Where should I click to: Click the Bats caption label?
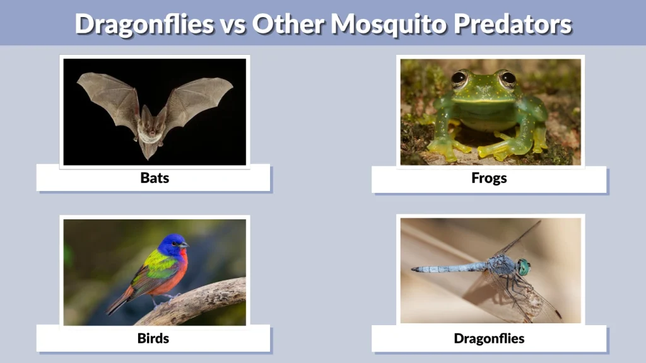click(x=155, y=178)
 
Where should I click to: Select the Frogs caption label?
click(x=489, y=178)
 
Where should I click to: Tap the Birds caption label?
click(x=153, y=338)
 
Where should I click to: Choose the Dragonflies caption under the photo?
click(x=489, y=338)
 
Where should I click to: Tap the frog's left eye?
click(x=459, y=79)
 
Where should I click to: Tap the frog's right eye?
click(x=507, y=79)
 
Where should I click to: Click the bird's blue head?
click(x=172, y=245)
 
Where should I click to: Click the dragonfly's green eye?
click(x=524, y=267)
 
